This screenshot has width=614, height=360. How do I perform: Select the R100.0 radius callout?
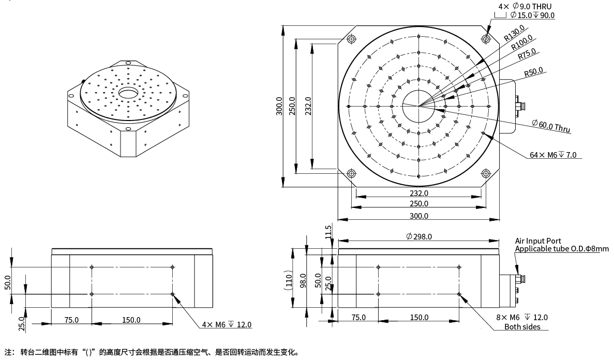coord(522,44)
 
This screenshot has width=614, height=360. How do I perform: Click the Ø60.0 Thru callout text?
coord(551,126)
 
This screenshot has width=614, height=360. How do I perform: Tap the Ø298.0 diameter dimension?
coord(419,236)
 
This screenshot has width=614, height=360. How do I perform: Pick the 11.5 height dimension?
coord(328,232)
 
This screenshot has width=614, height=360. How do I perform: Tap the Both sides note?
coord(522,326)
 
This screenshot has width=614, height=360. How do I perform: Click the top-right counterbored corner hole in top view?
coord(486,39)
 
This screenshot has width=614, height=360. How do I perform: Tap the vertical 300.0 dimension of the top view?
coord(280,106)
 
